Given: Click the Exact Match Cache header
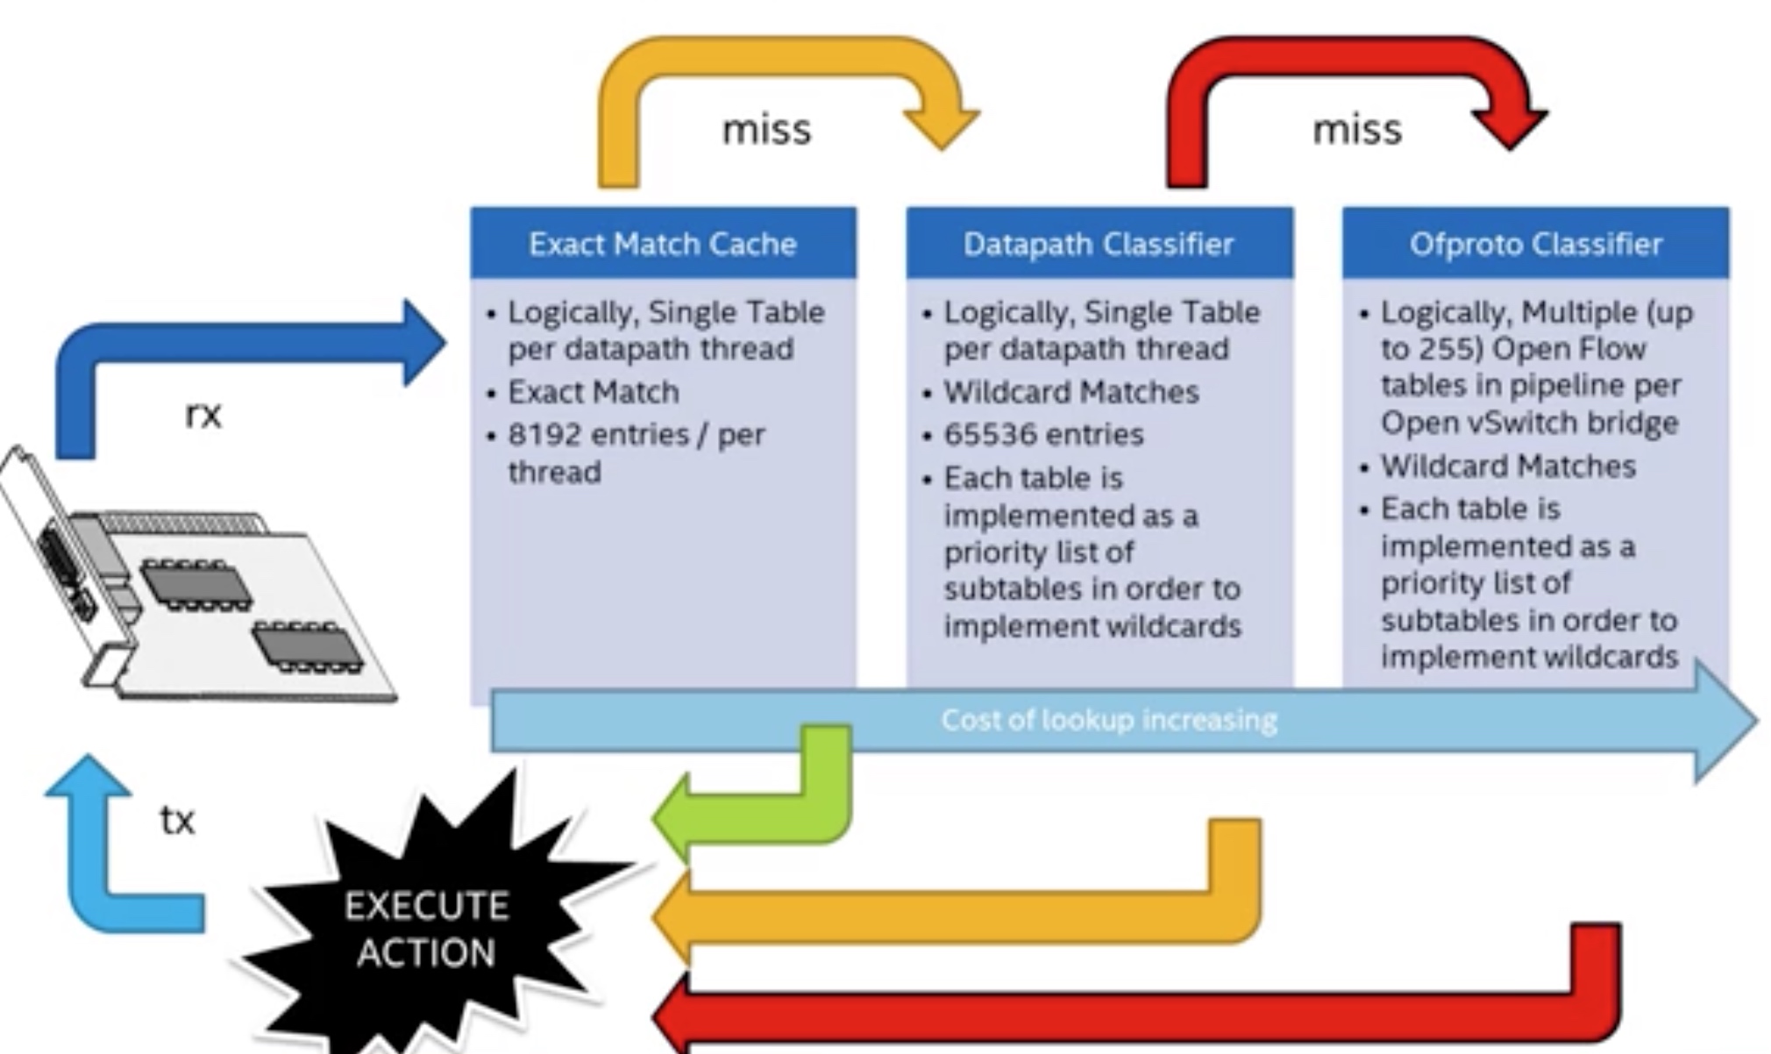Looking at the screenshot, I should [663, 243].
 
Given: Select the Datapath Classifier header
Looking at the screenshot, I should [1099, 243].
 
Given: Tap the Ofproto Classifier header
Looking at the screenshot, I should [1535, 243].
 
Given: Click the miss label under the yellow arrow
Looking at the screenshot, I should [766, 130].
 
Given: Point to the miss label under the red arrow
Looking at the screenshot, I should [1357, 130].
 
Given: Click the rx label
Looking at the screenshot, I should [203, 414].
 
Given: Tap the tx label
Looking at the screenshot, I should [177, 821].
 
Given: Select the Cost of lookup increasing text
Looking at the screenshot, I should [1109, 720].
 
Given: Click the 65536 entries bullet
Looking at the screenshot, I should [1043, 435].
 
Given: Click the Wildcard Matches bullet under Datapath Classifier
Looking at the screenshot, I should [1070, 392].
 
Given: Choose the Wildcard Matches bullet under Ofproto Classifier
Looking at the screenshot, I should [1508, 466].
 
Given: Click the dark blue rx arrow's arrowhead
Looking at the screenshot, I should [424, 343].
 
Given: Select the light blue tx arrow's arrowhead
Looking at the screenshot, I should [89, 777].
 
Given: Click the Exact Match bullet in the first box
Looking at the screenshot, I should [594, 392].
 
